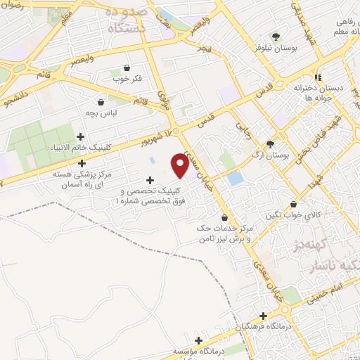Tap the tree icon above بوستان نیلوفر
[276, 37]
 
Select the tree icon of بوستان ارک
[270, 143]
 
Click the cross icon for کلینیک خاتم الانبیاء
[81, 136]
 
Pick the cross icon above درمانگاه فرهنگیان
[263, 316]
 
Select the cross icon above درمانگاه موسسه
[199, 340]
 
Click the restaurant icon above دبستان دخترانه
[318, 77]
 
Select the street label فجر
[205, 49]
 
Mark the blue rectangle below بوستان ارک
[235, 179]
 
